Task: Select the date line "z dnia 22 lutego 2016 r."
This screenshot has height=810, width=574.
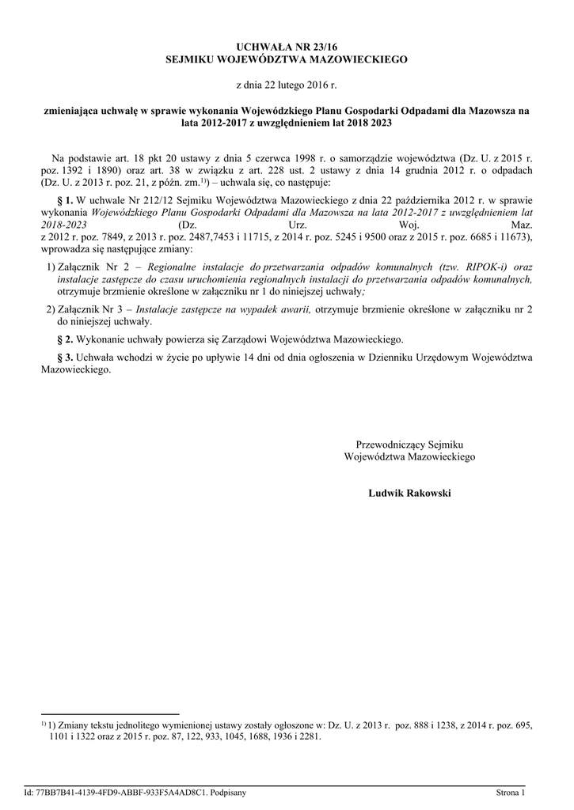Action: pos(287,84)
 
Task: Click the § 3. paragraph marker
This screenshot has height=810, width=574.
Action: pos(66,358)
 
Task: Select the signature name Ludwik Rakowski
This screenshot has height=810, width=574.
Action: pos(409,493)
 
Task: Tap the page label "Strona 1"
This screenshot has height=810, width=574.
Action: pos(511,792)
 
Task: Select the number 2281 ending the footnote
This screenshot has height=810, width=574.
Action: pos(306,736)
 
